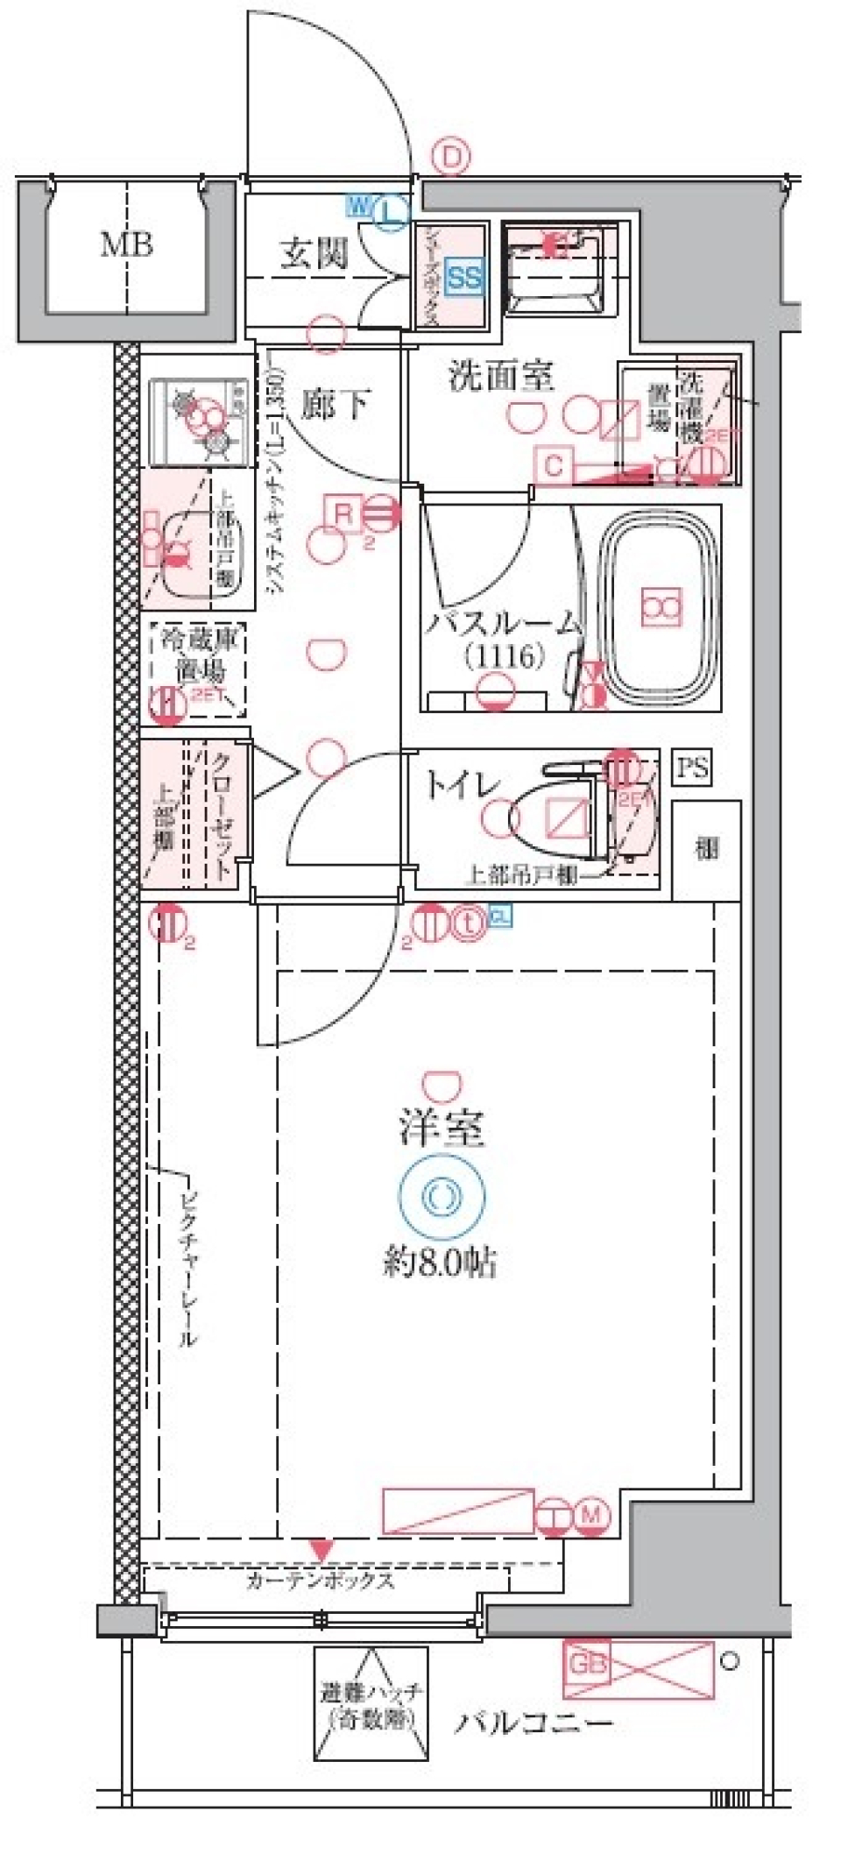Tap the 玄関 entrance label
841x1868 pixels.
pyautogui.click(x=314, y=254)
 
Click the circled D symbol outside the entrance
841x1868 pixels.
pyautogui.click(x=451, y=158)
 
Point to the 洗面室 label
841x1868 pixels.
pyautogui.click(x=501, y=377)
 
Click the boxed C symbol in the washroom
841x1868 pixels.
pyautogui.click(x=554, y=464)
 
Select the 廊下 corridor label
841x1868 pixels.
pyautogui.click(x=334, y=405)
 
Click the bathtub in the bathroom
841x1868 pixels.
pyautogui.click(x=661, y=606)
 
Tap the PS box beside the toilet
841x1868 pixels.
pyautogui.click(x=692, y=768)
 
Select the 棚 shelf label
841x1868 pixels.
pyautogui.click(x=706, y=848)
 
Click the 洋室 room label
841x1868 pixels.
pyautogui.click(x=442, y=1129)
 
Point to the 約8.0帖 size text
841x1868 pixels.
pyautogui.click(x=441, y=1262)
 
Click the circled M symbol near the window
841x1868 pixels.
pyautogui.click(x=593, y=1514)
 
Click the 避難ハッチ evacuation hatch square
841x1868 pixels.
pyautogui.click(x=371, y=1704)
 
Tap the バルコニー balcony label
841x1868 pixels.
pyautogui.click(x=534, y=1723)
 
